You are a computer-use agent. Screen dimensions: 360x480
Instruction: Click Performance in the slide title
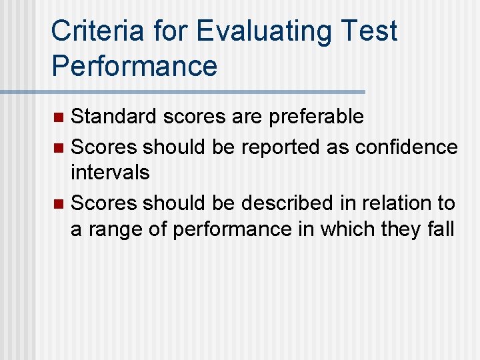pyautogui.click(x=134, y=65)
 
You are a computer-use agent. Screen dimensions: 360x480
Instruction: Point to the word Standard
pyautogui.click(x=114, y=117)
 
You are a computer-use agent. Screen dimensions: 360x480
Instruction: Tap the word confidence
pyautogui.click(x=407, y=146)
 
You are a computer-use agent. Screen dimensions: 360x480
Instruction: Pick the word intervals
pyautogui.click(x=110, y=173)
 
